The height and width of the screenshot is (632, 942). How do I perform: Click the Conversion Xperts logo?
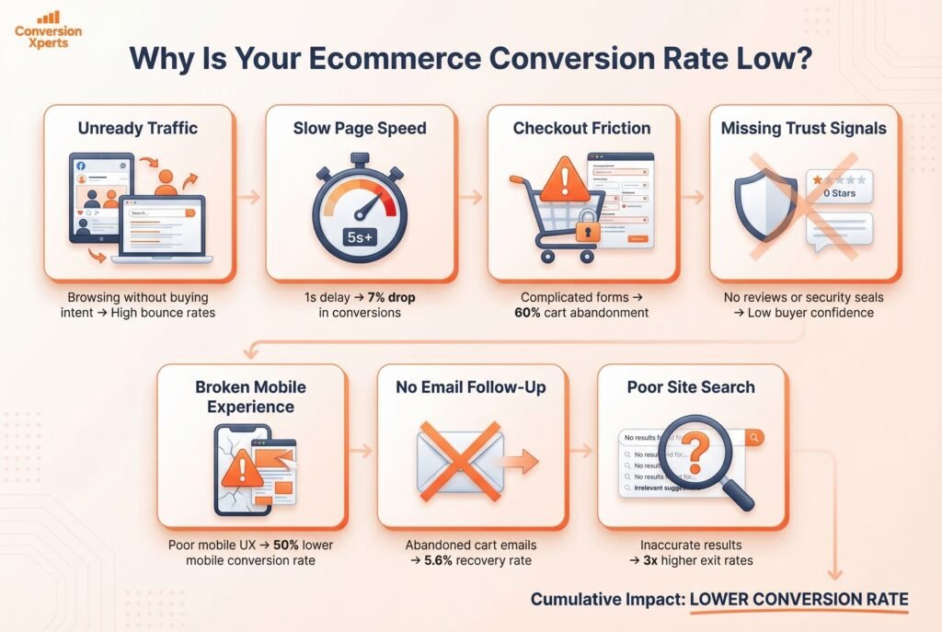click(x=48, y=30)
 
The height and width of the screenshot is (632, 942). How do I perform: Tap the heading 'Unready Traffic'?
click(x=139, y=129)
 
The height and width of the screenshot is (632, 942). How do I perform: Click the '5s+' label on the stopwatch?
click(x=360, y=236)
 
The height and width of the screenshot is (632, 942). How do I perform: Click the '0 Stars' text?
click(x=838, y=193)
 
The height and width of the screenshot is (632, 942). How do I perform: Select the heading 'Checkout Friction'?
click(x=582, y=129)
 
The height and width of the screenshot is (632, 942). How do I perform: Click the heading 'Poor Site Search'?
click(x=691, y=387)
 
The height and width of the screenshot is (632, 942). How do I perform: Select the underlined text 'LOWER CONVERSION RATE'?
click(x=798, y=600)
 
